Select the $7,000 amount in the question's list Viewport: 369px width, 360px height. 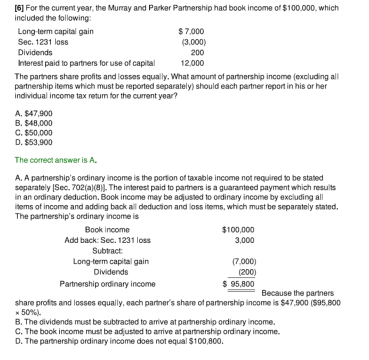tap(191, 31)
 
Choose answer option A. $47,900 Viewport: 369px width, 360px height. tap(34, 113)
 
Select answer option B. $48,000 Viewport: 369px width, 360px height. tap(34, 123)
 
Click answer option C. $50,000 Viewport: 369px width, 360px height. tap(34, 132)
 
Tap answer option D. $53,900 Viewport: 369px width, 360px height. tap(34, 142)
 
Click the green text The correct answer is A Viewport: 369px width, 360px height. tap(55, 159)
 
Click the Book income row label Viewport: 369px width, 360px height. tap(107, 230)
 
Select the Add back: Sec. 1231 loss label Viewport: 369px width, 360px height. tap(107, 240)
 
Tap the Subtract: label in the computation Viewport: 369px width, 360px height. tap(107, 251)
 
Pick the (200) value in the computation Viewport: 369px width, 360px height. tap(245, 272)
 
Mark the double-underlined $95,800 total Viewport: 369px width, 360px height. tap(238, 284)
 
